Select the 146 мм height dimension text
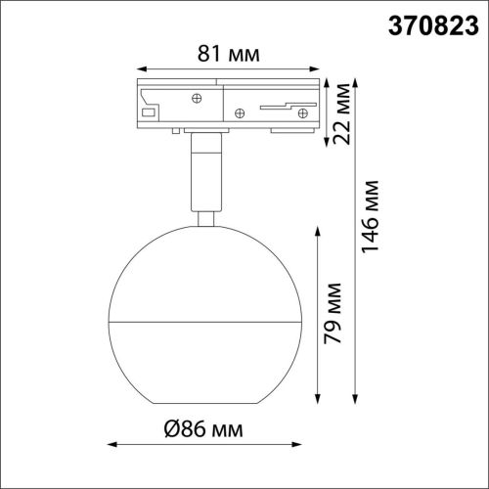[x=373, y=228]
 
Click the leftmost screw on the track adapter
[x=196, y=98]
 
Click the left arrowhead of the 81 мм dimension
[x=138, y=68]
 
